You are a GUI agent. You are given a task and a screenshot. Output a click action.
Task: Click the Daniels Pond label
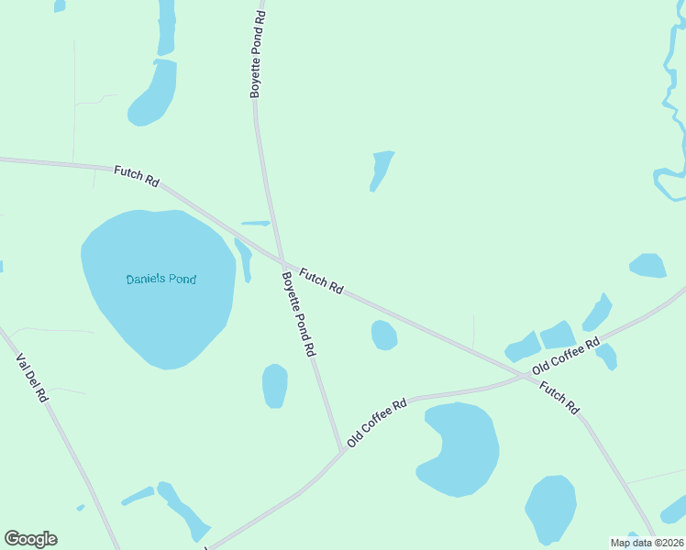[x=160, y=279]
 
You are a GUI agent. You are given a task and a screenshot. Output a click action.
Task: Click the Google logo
[x=30, y=539]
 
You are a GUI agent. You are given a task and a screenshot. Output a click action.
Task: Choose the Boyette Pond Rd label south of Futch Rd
[x=299, y=313]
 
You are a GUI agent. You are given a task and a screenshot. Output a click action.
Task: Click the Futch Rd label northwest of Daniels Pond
[x=137, y=176]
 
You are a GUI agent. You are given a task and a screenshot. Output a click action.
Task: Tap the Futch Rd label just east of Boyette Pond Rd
[x=321, y=280]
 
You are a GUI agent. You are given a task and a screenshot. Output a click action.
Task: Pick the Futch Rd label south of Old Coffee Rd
[x=559, y=397]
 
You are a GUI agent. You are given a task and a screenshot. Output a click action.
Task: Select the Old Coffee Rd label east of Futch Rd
[x=566, y=356]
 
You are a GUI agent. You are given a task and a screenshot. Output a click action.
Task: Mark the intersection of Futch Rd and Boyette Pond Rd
[x=280, y=261]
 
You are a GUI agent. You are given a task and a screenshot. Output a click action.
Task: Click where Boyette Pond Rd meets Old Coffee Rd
[x=343, y=449]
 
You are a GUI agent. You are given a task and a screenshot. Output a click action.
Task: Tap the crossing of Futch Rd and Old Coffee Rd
[x=523, y=377]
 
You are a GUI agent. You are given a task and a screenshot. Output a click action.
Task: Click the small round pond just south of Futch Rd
[x=383, y=335]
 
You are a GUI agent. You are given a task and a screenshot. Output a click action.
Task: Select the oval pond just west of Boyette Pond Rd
[x=274, y=386]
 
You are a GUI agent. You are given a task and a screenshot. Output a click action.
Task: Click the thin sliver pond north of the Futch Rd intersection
[x=256, y=223]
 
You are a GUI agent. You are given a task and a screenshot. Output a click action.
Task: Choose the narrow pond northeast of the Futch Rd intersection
[x=382, y=170]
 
